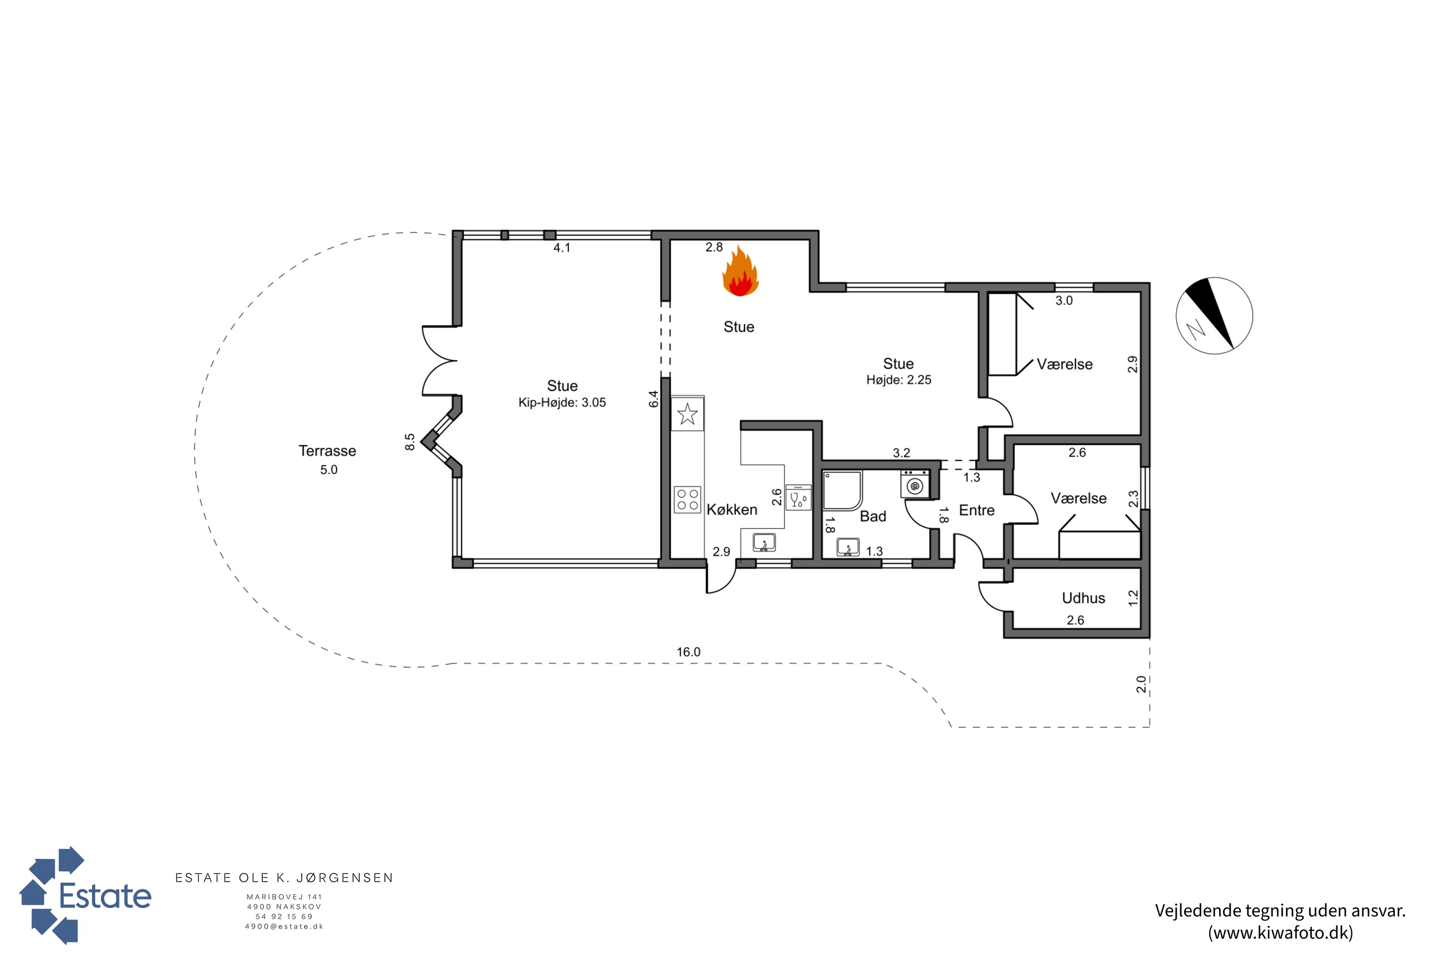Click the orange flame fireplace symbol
click(x=740, y=271)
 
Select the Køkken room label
click(x=732, y=509)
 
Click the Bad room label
click(x=873, y=516)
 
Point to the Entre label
click(x=977, y=510)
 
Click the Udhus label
click(x=1083, y=598)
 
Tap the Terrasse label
click(x=327, y=451)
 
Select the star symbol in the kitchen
click(x=687, y=414)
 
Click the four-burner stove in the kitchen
click(x=687, y=499)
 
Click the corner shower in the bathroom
click(x=843, y=490)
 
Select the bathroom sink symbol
click(x=848, y=547)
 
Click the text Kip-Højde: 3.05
click(x=562, y=403)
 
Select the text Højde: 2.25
click(x=898, y=380)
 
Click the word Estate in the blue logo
click(x=105, y=896)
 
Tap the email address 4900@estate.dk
click(x=284, y=927)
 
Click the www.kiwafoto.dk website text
click(x=1281, y=933)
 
